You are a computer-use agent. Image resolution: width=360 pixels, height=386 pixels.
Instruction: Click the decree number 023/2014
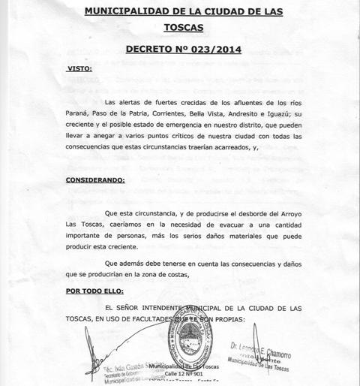(x=217, y=50)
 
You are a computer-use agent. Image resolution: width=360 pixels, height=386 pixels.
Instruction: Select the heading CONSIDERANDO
(x=95, y=180)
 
